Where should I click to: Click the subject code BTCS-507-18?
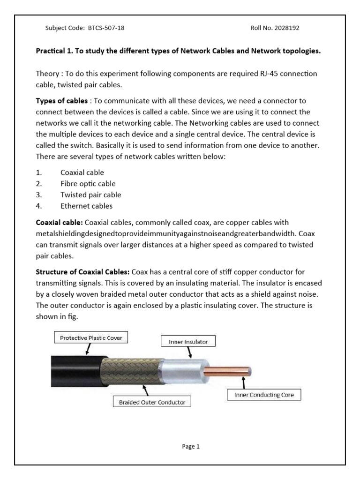(x=106, y=28)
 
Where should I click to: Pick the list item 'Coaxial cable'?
(x=82, y=172)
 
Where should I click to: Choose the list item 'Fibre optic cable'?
(x=88, y=184)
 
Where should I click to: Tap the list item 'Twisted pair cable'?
(x=90, y=195)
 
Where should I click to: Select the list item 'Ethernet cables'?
(x=86, y=206)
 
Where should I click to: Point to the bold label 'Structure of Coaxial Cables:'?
(x=83, y=272)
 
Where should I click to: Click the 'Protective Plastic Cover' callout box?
(x=91, y=337)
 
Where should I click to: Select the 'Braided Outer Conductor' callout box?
(x=152, y=402)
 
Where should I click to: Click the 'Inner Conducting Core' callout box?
(x=264, y=395)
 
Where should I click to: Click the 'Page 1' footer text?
(x=191, y=447)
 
